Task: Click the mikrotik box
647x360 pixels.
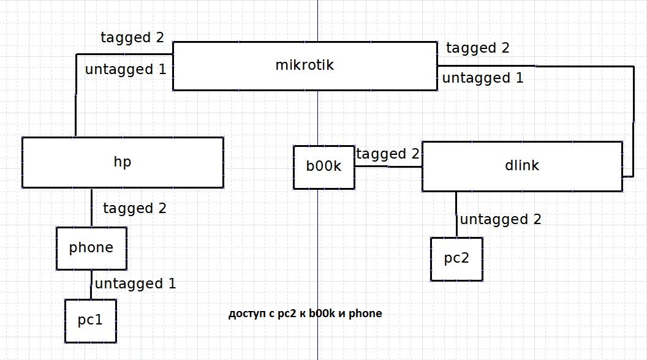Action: coord(305,66)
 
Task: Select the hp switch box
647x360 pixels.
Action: coord(123,162)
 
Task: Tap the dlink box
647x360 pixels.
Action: coord(523,166)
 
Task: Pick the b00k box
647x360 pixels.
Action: coord(324,167)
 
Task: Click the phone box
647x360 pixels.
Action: coord(91,248)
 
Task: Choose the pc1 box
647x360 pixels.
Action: coord(91,321)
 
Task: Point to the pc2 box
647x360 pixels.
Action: coord(456,259)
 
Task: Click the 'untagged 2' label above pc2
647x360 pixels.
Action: coord(501,219)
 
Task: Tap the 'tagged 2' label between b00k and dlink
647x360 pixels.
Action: coord(388,154)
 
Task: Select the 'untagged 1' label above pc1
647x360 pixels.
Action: coord(135,284)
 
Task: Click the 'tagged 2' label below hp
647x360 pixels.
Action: coord(135,208)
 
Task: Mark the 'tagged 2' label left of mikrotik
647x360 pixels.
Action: coord(132,37)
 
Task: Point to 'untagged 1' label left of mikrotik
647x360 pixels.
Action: coord(126,69)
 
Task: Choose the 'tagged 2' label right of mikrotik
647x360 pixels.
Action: coord(478,48)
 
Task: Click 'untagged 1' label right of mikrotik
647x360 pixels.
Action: coord(483,78)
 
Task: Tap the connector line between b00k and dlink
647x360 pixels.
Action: coord(388,167)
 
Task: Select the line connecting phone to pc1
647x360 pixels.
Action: coord(91,284)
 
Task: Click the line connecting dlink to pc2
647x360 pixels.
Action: coord(456,214)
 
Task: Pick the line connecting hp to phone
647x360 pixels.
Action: coord(92,208)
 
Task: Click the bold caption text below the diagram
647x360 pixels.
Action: coord(305,314)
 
